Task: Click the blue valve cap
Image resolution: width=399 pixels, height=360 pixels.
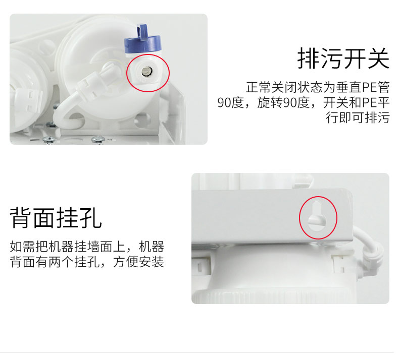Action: point(143,43)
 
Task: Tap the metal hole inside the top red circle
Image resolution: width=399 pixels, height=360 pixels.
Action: point(146,72)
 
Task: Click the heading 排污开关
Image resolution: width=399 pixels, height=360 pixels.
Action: point(343,58)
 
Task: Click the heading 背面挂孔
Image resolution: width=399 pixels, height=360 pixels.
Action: point(56,218)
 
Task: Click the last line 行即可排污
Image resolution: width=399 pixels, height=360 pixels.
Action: point(358,117)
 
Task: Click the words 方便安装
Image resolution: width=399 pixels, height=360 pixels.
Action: point(139,262)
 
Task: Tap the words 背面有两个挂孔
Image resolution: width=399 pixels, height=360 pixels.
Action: point(55,262)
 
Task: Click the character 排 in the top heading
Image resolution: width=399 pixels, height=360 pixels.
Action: point(309,58)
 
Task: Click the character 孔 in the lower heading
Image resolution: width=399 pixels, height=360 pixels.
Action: point(91,218)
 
